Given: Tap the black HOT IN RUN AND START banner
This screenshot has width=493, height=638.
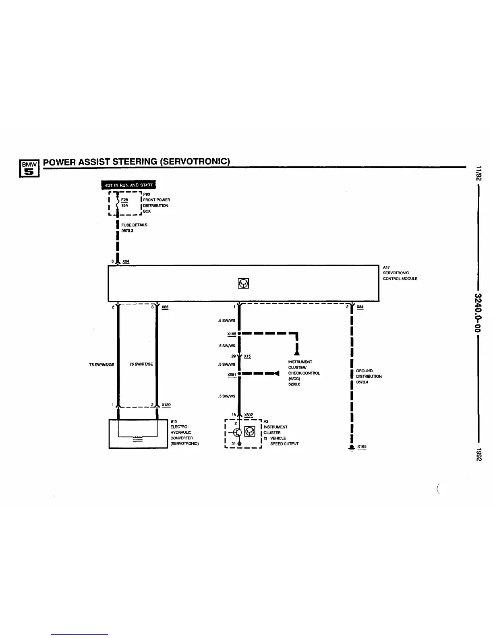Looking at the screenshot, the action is pyautogui.click(x=128, y=185).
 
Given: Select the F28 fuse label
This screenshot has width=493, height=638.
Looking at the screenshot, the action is pyautogui.click(x=124, y=199).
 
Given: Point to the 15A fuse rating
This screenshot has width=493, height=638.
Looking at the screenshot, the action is pyautogui.click(x=124, y=205).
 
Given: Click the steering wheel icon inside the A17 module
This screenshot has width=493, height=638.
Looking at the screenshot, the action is pyautogui.click(x=243, y=283).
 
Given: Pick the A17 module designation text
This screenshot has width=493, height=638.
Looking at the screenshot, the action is pyautogui.click(x=386, y=267).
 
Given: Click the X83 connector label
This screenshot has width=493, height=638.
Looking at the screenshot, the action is pyautogui.click(x=165, y=307).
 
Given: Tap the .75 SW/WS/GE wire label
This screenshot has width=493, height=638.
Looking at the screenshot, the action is pyautogui.click(x=101, y=365).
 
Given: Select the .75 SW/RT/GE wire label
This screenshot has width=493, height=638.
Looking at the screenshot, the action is pyautogui.click(x=141, y=364).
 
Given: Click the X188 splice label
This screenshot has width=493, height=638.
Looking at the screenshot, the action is pyautogui.click(x=231, y=334).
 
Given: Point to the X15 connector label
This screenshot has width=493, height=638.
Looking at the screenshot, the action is pyautogui.click(x=247, y=356).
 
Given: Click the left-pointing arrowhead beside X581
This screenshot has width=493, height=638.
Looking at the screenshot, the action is pyautogui.click(x=277, y=373).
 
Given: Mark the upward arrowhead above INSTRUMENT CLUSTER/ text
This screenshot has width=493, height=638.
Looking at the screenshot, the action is pyautogui.click(x=297, y=353).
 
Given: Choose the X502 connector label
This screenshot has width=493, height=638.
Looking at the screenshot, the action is pyautogui.click(x=249, y=415).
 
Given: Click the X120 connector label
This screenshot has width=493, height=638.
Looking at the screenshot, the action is pyautogui.click(x=166, y=405).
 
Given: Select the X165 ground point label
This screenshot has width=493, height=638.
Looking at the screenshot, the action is pyautogui.click(x=362, y=447).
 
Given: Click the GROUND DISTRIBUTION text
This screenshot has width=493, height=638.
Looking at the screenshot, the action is pyautogui.click(x=368, y=374).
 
